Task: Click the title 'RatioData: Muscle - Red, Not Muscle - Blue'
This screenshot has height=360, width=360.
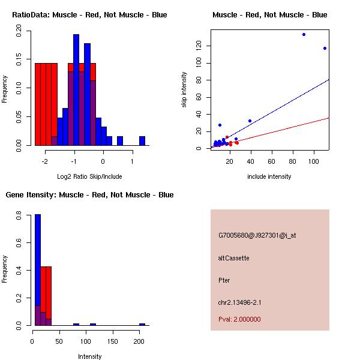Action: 89,14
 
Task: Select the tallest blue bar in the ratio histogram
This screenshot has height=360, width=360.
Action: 76,90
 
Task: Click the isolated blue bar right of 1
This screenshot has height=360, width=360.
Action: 142,141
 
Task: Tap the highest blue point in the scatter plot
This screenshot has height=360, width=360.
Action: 304,34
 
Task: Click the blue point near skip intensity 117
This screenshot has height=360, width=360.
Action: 325,49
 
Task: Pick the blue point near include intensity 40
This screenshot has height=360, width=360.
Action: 250,121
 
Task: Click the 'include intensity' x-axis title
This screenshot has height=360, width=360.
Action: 269,176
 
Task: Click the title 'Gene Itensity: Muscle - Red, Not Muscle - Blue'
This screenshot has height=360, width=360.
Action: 89,194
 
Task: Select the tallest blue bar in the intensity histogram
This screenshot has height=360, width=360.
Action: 38,269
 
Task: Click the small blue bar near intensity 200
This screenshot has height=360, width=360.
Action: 142,324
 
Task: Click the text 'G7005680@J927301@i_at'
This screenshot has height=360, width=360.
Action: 257,235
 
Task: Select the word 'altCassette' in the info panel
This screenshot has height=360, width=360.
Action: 233,258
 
